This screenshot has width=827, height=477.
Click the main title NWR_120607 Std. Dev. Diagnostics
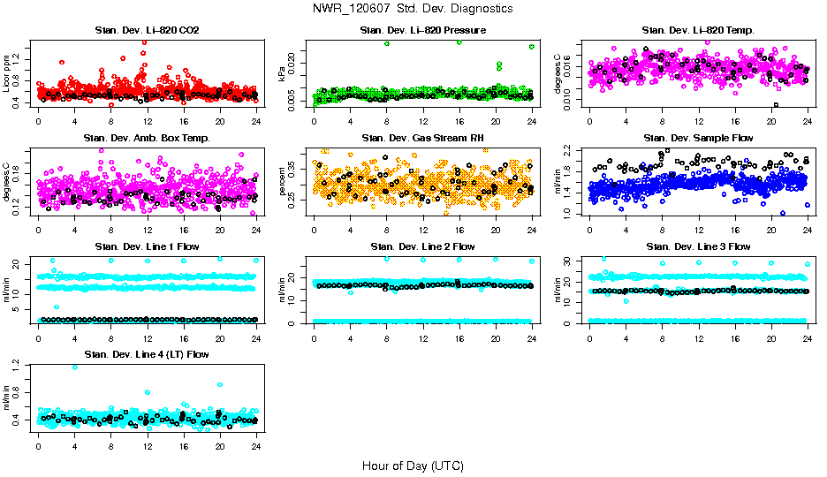click(x=413, y=9)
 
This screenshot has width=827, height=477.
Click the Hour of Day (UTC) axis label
click(x=413, y=465)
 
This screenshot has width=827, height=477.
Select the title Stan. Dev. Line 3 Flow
click(x=698, y=246)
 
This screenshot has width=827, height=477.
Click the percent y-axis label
click(x=283, y=181)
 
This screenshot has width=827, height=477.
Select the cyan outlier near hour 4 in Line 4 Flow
click(x=74, y=367)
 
